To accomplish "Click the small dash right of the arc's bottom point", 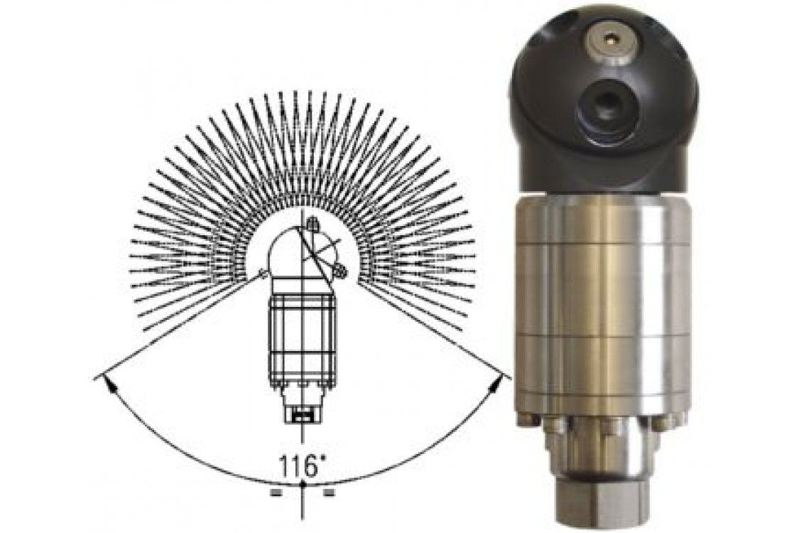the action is tap(329, 492).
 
